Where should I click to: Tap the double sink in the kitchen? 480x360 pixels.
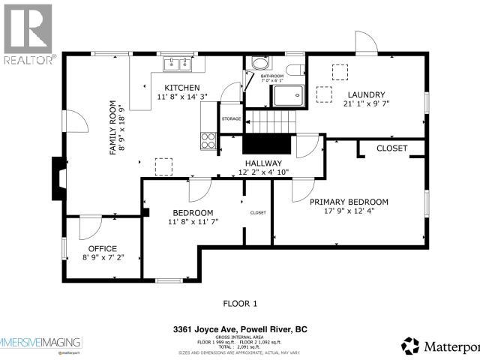pos(178,65)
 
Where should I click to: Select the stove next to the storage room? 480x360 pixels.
pos(208,139)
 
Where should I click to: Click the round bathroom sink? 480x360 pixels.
pos(258,64)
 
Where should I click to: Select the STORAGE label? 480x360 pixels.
pos(231,118)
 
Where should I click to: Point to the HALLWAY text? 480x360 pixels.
pos(262,163)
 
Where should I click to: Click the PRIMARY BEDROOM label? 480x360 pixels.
pos(349,202)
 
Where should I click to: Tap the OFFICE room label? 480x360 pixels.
pos(103,248)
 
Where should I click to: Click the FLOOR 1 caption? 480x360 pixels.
pos(240,304)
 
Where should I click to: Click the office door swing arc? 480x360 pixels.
pos(88,225)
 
